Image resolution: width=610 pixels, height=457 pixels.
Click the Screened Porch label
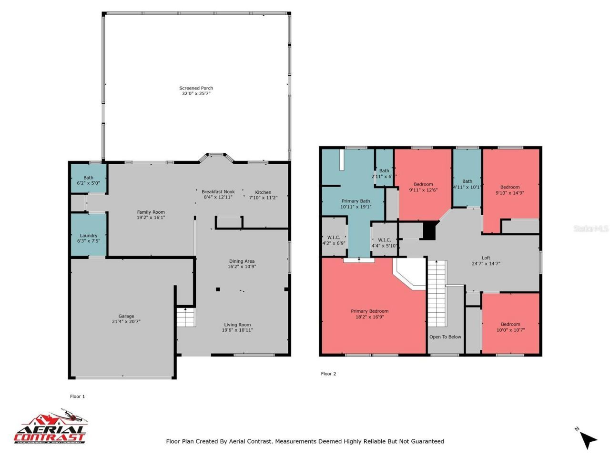click(196, 88)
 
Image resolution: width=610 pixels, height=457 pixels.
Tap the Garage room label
click(126, 316)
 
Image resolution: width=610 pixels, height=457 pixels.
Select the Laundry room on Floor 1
click(89, 236)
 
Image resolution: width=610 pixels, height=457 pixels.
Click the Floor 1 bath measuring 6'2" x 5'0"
click(88, 180)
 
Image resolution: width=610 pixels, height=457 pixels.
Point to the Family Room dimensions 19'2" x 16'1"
click(151, 218)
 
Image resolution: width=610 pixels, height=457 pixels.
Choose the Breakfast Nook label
click(218, 192)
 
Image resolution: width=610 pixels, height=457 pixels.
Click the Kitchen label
click(263, 192)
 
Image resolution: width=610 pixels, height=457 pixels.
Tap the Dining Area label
click(242, 261)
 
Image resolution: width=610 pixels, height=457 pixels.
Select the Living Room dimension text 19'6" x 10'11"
click(237, 330)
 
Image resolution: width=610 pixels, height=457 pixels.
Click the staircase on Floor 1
click(186, 317)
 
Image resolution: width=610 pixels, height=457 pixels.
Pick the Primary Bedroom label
click(369, 311)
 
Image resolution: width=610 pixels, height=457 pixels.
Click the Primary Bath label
click(356, 201)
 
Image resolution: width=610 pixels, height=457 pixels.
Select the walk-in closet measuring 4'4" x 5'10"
click(384, 243)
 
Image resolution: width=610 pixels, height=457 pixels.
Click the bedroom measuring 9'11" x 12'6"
click(423, 187)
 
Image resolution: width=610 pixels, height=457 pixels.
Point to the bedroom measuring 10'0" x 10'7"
click(510, 327)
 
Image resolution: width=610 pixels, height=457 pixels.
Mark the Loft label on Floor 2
click(486, 258)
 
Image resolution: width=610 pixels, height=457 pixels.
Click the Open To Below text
click(445, 337)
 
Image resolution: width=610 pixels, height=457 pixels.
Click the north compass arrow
click(589, 439)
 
